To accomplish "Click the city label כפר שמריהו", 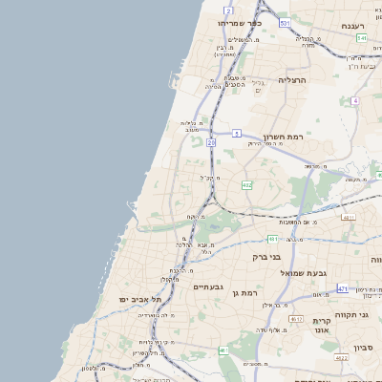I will pos(240,22).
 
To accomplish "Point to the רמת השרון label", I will pos(283,138).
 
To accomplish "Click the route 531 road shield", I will pos(285,21).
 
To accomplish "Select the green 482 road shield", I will pos(246,185).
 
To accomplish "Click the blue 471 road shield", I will pos(343,287).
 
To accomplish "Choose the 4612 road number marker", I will pos(296,319).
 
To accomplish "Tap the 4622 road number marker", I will pos(341,358).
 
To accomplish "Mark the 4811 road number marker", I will pos(349,218).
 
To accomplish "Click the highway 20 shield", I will pos(210,142).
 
